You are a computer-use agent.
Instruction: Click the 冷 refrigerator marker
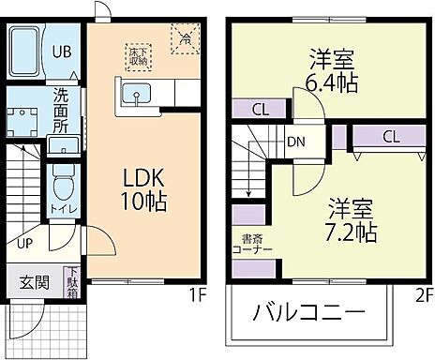184,39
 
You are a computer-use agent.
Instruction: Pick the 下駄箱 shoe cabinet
72,281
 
